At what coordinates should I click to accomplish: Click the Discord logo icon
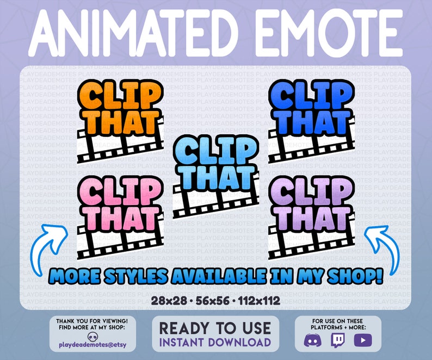point(313,341)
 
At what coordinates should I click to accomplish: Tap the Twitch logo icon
point(337,341)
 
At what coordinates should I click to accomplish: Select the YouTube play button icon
point(361,341)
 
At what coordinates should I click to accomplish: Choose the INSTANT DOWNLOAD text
point(215,342)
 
